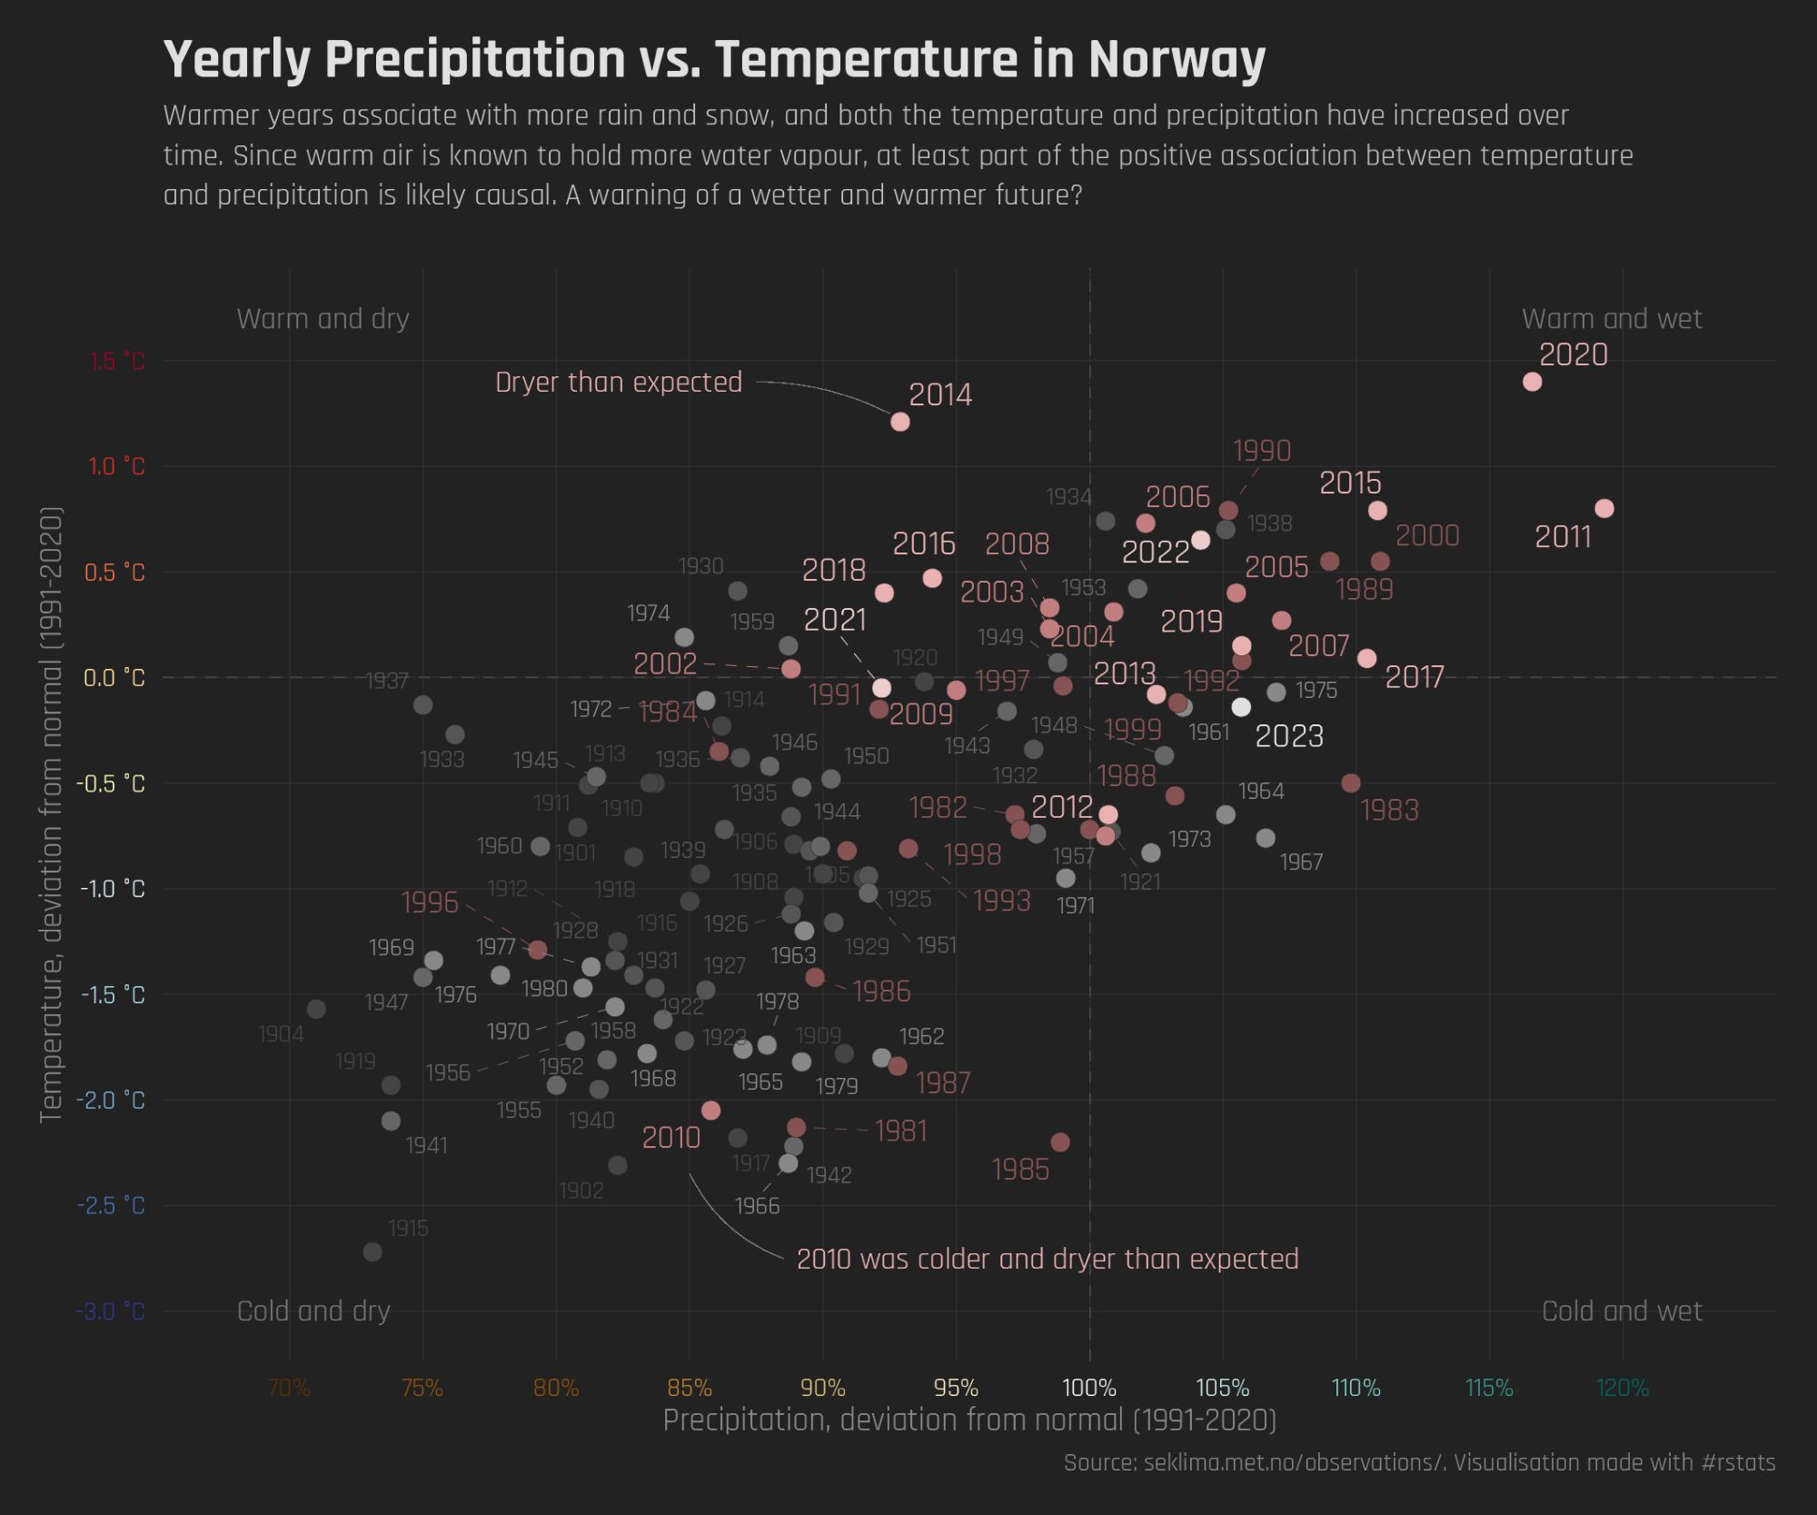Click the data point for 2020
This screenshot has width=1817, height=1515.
(1532, 382)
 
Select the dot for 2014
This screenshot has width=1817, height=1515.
(900, 422)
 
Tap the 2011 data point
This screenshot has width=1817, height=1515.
(1604, 509)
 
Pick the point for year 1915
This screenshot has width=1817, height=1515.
(372, 1252)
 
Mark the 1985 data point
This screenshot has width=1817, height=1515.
(1060, 1142)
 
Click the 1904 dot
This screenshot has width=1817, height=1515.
(316, 1010)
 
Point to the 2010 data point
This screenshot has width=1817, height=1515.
(711, 1111)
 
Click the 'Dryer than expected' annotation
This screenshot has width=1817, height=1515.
(619, 383)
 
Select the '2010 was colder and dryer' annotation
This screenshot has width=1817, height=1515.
(1048, 1260)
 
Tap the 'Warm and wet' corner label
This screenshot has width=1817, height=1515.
(1612, 319)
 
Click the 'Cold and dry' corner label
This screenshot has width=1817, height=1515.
(313, 1311)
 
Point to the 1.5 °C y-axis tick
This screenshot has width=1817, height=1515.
(117, 362)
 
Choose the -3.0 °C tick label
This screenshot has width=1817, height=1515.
(111, 1312)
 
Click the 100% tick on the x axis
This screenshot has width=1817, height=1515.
(1089, 1389)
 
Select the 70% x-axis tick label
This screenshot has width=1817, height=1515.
(289, 1389)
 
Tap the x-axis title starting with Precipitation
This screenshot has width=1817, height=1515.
(969, 1420)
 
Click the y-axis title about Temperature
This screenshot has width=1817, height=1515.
(51, 815)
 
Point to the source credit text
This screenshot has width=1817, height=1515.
(1419, 1463)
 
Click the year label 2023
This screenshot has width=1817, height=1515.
(1289, 736)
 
